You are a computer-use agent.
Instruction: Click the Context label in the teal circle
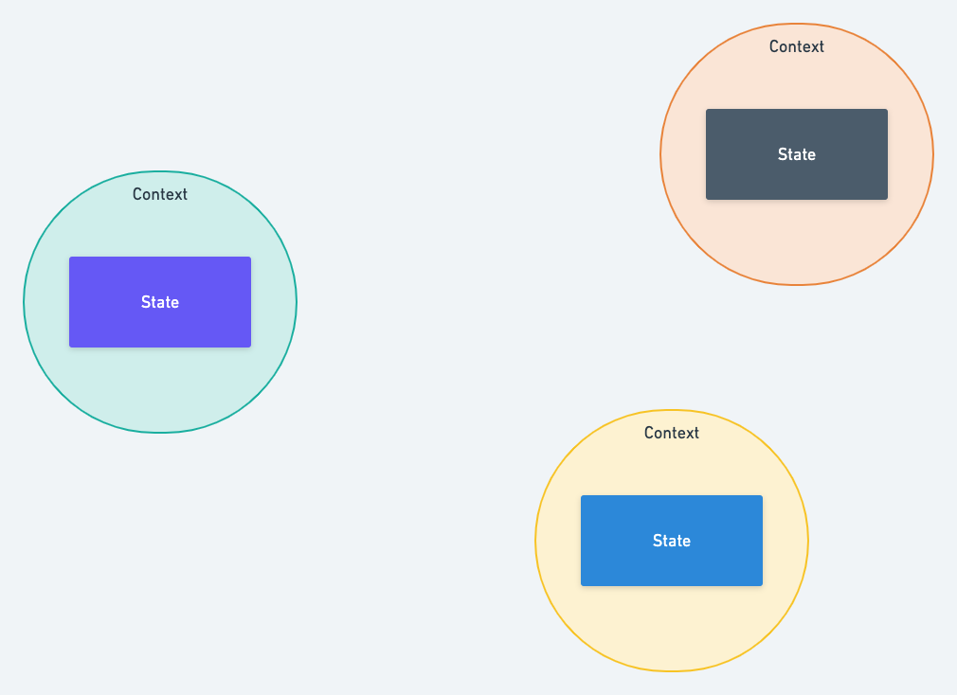click(x=160, y=194)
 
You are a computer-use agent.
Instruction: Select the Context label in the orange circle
click(x=797, y=47)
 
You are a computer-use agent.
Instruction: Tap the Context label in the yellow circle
click(x=672, y=433)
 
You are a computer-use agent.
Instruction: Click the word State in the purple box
click(x=160, y=302)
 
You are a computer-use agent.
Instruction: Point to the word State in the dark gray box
click(x=797, y=155)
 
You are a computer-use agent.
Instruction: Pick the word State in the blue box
click(x=672, y=541)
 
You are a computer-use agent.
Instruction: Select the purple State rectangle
click(x=160, y=302)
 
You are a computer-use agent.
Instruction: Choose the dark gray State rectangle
click(x=797, y=154)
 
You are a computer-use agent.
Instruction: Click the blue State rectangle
click(x=672, y=541)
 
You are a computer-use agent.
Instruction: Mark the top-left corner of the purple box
click(x=69, y=258)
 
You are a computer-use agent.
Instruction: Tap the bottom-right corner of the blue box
click(x=763, y=586)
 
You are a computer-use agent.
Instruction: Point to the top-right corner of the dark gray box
click(x=888, y=110)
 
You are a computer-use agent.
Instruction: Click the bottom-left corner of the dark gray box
click(x=706, y=200)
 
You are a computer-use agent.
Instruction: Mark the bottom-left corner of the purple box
click(x=69, y=347)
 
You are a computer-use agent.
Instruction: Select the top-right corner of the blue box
click(x=763, y=495)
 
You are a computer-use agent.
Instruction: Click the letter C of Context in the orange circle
click(x=774, y=47)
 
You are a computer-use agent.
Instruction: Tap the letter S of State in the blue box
click(x=658, y=541)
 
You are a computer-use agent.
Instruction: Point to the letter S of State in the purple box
click(x=146, y=302)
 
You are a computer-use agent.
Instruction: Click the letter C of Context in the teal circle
click(x=137, y=194)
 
